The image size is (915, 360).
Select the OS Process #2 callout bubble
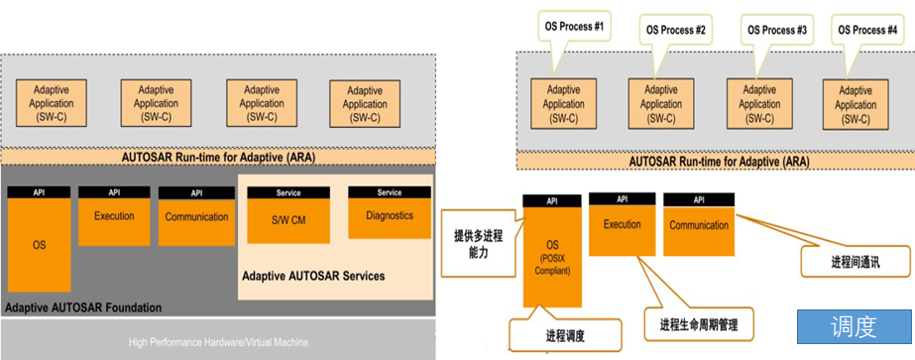673,31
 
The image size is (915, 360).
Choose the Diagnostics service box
389,215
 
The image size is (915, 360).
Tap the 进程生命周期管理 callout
698,324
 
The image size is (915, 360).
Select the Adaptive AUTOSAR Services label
313,275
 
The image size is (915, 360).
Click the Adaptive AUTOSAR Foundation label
83,307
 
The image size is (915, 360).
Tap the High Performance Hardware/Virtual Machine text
218,342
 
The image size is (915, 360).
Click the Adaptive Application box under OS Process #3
759,104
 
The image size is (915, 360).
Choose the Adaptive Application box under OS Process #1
564,104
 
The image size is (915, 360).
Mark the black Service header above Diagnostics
389,192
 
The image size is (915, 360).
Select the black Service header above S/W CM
288,192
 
